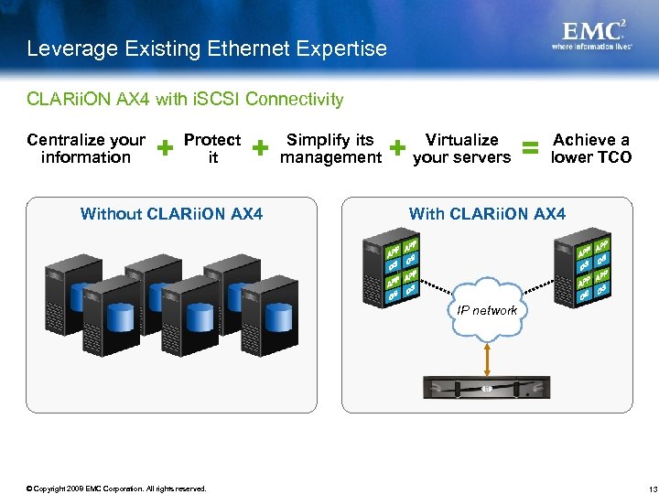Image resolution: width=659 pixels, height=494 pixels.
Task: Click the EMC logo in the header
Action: pyautogui.click(x=594, y=32)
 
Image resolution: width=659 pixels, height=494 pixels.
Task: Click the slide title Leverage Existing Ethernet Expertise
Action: pyautogui.click(x=207, y=48)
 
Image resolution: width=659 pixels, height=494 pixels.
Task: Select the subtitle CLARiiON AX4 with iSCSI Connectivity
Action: pyautogui.click(x=186, y=99)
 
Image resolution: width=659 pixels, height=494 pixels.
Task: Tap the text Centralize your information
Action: pyautogui.click(x=86, y=148)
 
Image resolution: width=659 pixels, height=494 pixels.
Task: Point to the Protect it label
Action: pyautogui.click(x=212, y=148)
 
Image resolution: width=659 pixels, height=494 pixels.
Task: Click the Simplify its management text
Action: pyautogui.click(x=330, y=148)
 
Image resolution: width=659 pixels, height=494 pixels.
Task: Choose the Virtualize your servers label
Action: pyautogui.click(x=461, y=148)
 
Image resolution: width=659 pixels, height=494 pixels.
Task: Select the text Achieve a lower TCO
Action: pyautogui.click(x=590, y=148)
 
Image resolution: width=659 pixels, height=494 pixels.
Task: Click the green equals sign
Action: pyautogui.click(x=530, y=147)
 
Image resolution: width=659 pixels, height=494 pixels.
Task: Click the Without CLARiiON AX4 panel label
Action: pyautogui.click(x=171, y=214)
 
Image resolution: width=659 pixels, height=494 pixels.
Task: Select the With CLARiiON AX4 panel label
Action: pyautogui.click(x=487, y=214)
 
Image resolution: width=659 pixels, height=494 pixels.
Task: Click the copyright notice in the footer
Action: pyautogui.click(x=116, y=489)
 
